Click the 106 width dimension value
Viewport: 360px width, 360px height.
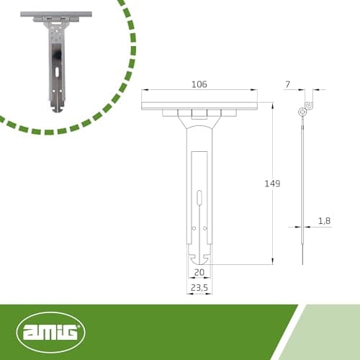pyautogui.click(x=199, y=84)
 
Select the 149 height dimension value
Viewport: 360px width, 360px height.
pyautogui.click(x=271, y=184)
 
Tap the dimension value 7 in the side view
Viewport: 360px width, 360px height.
pyautogui.click(x=287, y=85)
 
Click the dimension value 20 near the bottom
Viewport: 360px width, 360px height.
pyautogui.click(x=199, y=272)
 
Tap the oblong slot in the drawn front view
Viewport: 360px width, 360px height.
pyautogui.click(x=199, y=198)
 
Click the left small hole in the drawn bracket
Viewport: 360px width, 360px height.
pyautogui.click(x=194, y=228)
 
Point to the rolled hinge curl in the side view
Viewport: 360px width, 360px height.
pyautogui.click(x=302, y=111)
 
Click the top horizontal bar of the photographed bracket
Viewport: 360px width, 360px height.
pyautogui.click(x=56, y=14)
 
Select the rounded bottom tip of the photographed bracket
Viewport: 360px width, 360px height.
pyautogui.click(x=56, y=108)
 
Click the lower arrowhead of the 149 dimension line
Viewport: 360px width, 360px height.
pyautogui.click(x=272, y=261)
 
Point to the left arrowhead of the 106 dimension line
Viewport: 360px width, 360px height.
pyautogui.click(x=145, y=90)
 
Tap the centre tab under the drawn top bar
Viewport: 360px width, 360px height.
pyautogui.click(x=199, y=113)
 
